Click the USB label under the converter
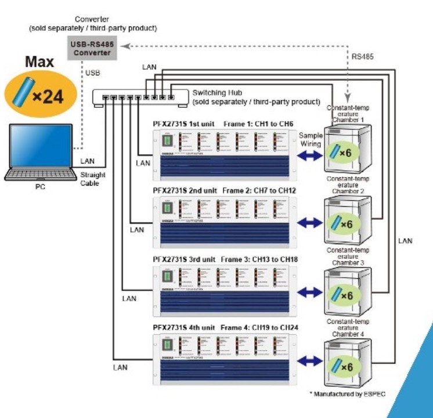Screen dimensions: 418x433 click(93, 73)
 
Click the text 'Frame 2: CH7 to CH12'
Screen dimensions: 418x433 click(260, 190)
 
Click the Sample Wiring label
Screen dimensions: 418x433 click(311, 139)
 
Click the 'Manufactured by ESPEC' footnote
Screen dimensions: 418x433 click(348, 394)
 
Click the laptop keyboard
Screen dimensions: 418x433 click(39, 173)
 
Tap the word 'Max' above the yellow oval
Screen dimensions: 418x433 click(39, 62)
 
